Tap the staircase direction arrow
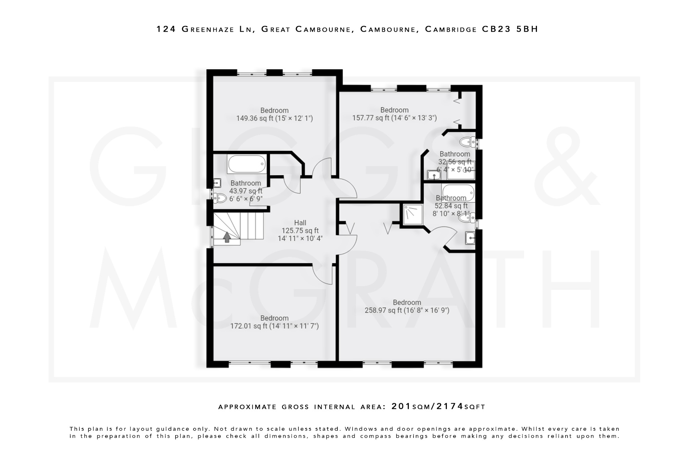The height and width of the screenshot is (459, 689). tap(227, 237)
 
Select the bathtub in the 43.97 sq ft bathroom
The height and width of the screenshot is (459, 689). tap(247, 164)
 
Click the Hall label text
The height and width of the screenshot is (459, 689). tap(300, 223)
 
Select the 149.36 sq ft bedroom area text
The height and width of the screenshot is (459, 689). tap(274, 118)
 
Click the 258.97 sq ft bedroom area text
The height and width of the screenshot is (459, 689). tap(407, 310)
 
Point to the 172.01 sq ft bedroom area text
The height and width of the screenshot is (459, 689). tap(274, 326)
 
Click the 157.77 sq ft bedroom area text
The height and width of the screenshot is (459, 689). tap(394, 118)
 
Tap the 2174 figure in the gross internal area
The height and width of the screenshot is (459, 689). tap(450, 406)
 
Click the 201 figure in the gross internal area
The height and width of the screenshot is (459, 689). tap(401, 406)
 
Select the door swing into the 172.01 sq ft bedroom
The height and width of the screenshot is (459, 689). tap(322, 274)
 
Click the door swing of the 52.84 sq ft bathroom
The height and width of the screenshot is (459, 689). tap(446, 235)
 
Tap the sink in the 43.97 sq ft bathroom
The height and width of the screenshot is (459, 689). tap(217, 183)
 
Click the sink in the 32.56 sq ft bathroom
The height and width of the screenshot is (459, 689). tap(434, 175)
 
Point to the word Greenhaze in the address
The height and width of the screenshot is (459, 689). tap(208, 29)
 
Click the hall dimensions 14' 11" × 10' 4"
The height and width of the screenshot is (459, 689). tap(300, 239)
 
